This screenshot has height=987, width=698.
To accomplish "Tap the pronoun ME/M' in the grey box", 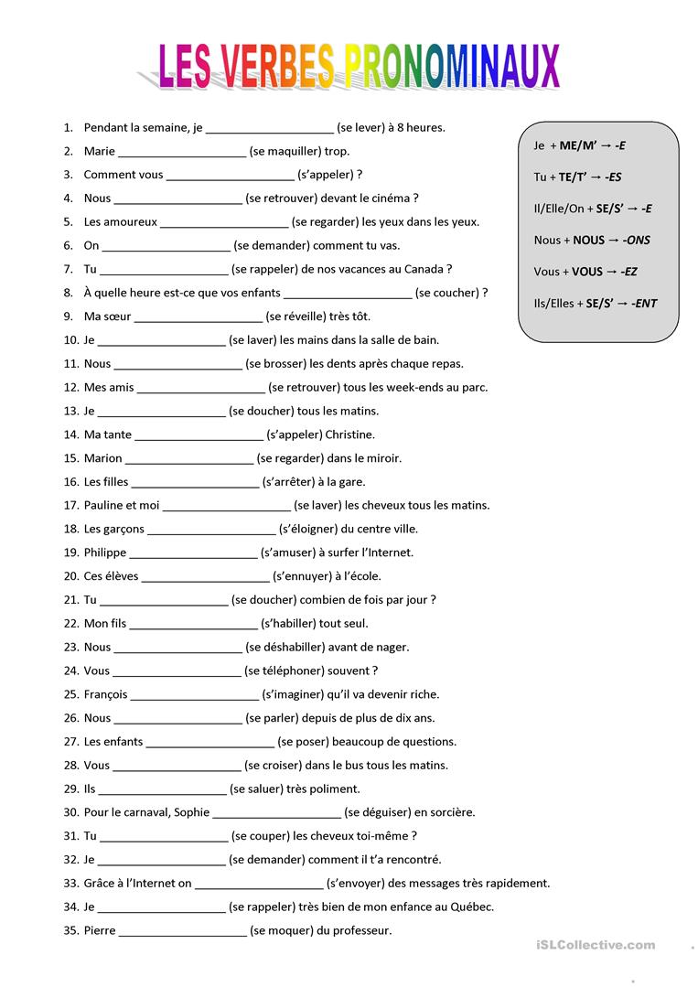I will [x=578, y=145].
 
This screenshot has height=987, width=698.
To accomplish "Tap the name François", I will [x=105, y=694].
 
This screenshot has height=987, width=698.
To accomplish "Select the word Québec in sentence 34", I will [x=470, y=907].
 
